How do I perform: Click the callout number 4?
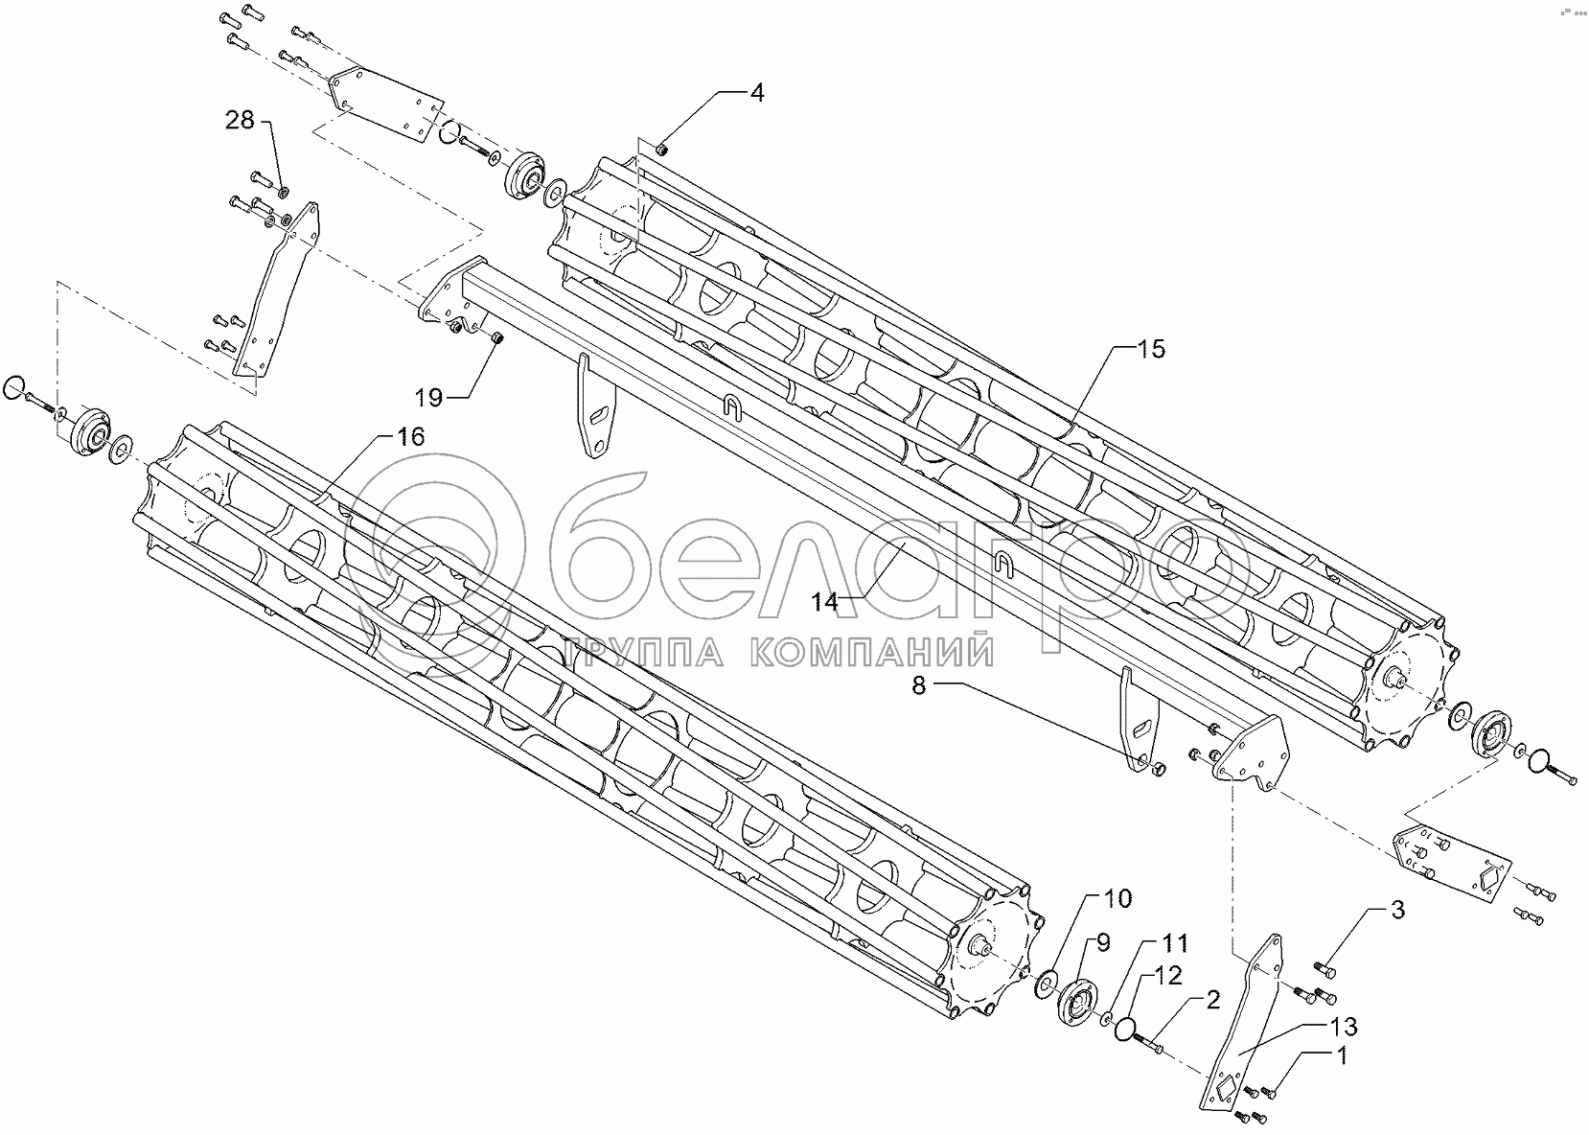[x=757, y=94]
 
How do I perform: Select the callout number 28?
[x=241, y=121]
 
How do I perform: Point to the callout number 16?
[x=409, y=438]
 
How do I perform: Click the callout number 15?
[x=1152, y=350]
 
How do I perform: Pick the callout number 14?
[x=824, y=602]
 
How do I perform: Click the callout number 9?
[x=1102, y=942]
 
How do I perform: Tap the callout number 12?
[x=1168, y=976]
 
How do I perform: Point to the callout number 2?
[x=1212, y=1001]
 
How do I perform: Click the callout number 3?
[x=1398, y=911]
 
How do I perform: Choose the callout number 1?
[x=1342, y=1056]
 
